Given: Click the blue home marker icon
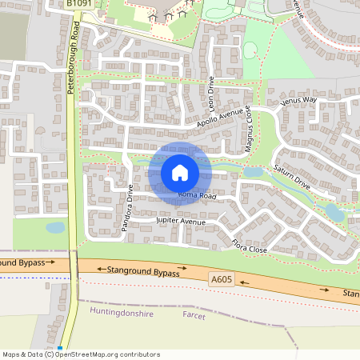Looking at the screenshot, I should tap(180, 172).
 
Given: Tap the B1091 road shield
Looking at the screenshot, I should tap(78, 4).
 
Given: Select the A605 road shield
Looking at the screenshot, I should tap(223, 278).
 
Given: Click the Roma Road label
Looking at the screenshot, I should tap(197, 195).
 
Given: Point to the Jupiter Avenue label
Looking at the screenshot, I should tap(181, 219).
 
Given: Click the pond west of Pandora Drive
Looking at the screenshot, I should tap(55, 227).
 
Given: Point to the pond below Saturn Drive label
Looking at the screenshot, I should tap(334, 211).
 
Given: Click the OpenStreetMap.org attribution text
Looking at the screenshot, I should tap(109, 354).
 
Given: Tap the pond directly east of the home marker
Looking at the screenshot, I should tap(254, 171).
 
